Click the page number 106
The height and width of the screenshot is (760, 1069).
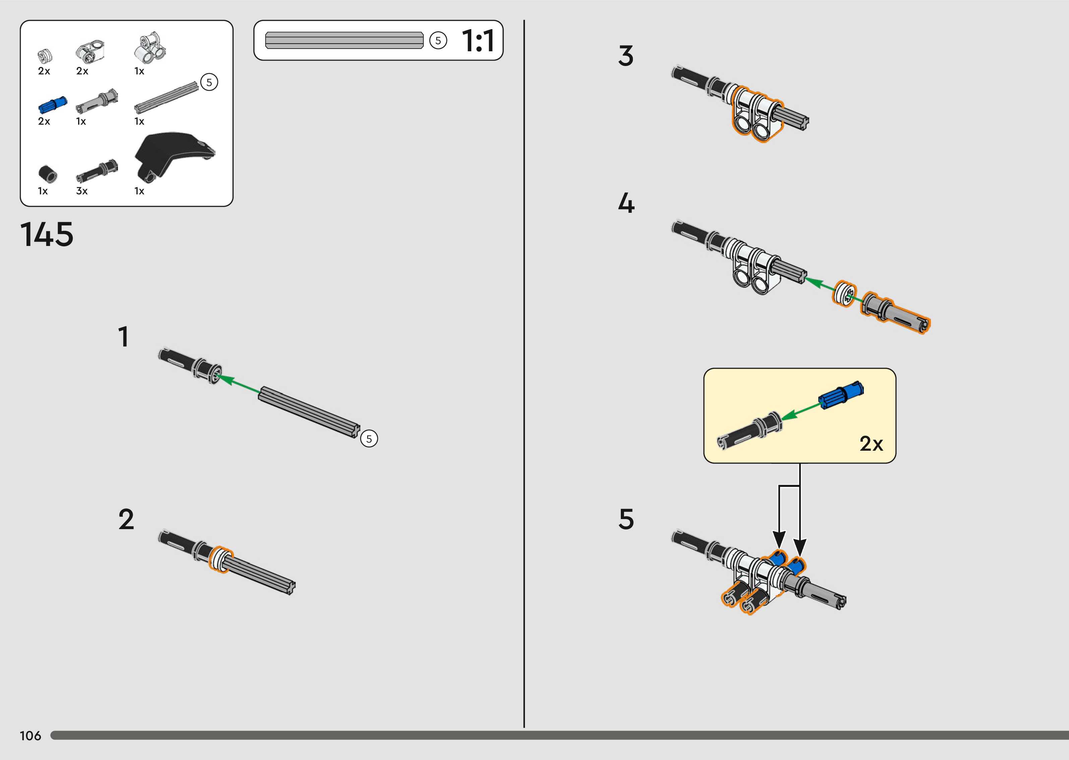pyautogui.click(x=31, y=736)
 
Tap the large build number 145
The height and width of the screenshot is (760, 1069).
pyautogui.click(x=47, y=235)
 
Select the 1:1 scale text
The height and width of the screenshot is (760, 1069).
pyautogui.click(x=478, y=41)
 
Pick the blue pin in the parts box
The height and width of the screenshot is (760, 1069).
pyautogui.click(x=52, y=105)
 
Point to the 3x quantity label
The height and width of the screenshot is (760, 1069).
pyautogui.click(x=82, y=191)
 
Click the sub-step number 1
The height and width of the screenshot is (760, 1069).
pyautogui.click(x=124, y=337)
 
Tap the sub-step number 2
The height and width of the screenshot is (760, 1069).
pyautogui.click(x=126, y=519)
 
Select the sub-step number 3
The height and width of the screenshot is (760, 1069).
pyautogui.click(x=626, y=56)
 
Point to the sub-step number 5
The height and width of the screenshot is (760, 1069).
pyautogui.click(x=626, y=519)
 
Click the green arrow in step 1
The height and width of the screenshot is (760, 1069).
pyautogui.click(x=239, y=383)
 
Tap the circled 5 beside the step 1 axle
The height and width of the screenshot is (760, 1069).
pyautogui.click(x=369, y=439)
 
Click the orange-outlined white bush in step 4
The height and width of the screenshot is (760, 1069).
pyautogui.click(x=844, y=294)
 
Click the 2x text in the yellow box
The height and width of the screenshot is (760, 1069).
pyautogui.click(x=871, y=444)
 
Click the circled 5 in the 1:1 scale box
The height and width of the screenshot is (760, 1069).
pyautogui.click(x=438, y=41)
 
